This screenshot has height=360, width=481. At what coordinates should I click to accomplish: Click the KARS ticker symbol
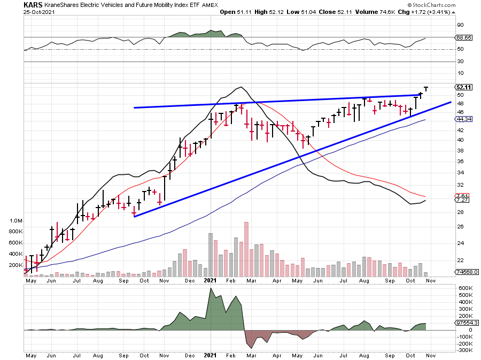point(33,5)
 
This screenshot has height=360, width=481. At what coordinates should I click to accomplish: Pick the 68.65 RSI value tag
point(462,38)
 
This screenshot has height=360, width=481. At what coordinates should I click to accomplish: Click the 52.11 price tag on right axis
point(462,87)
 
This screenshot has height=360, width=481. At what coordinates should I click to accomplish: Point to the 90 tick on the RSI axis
point(459,25)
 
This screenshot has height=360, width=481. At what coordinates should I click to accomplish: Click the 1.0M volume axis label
point(16,221)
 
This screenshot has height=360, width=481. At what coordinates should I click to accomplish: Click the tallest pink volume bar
point(246,249)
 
